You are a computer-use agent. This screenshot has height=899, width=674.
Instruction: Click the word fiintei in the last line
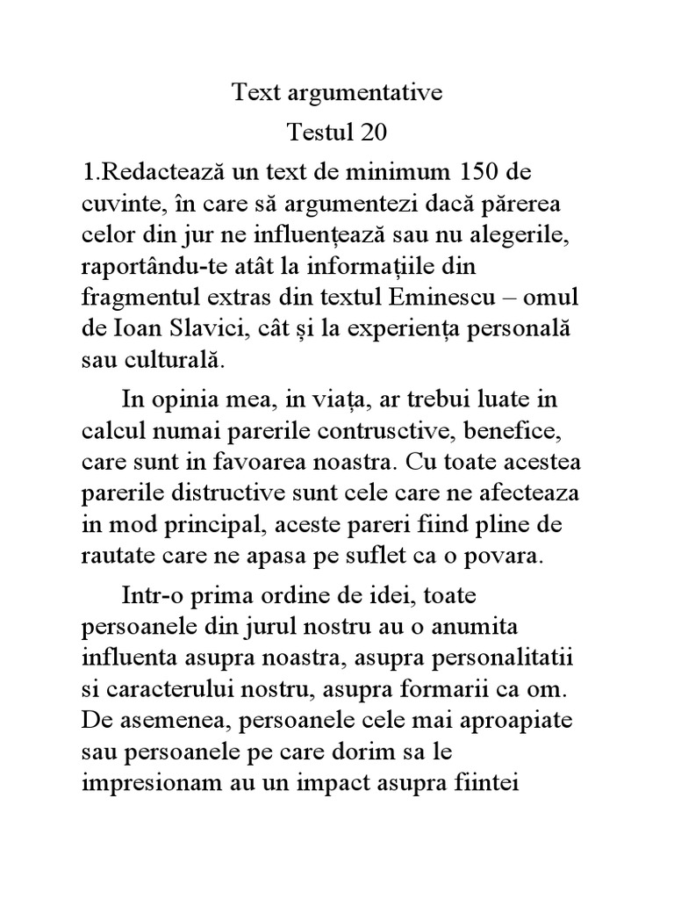pos(492,780)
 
